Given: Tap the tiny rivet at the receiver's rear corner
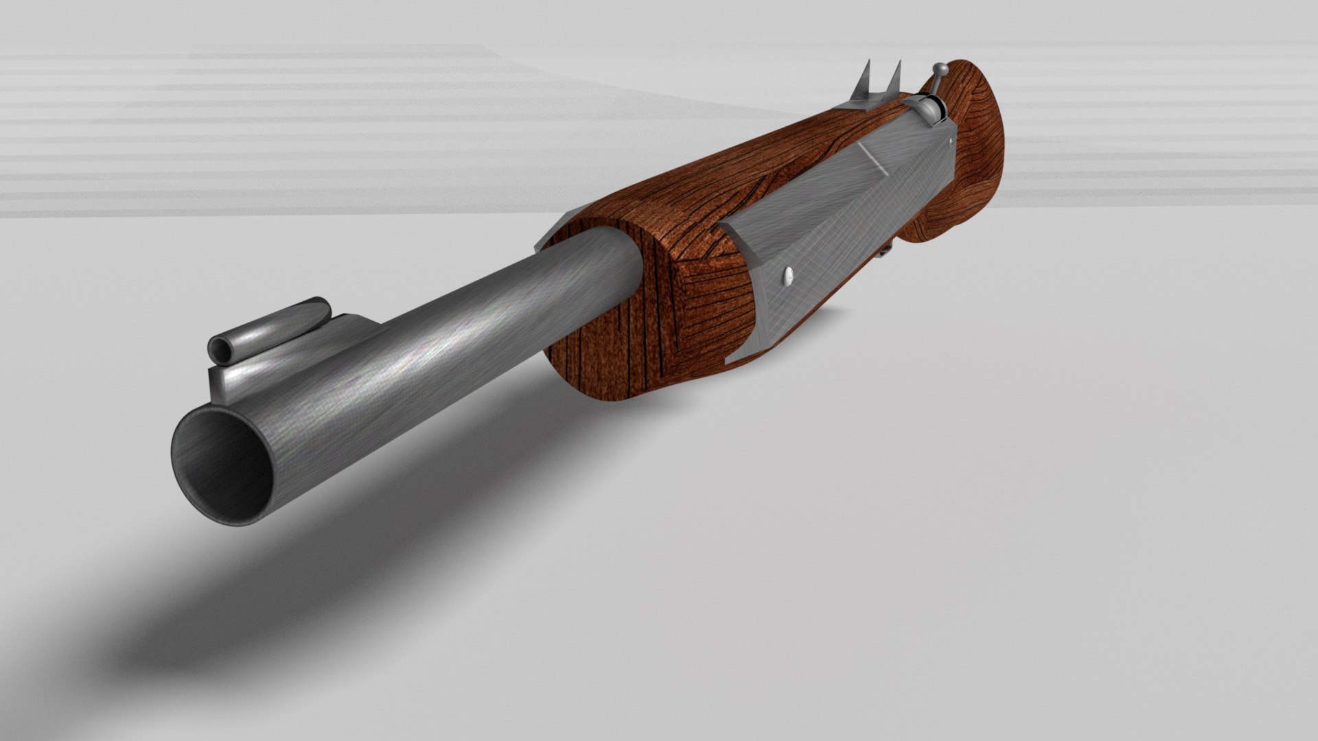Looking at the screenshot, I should pyautogui.click(x=949, y=140).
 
